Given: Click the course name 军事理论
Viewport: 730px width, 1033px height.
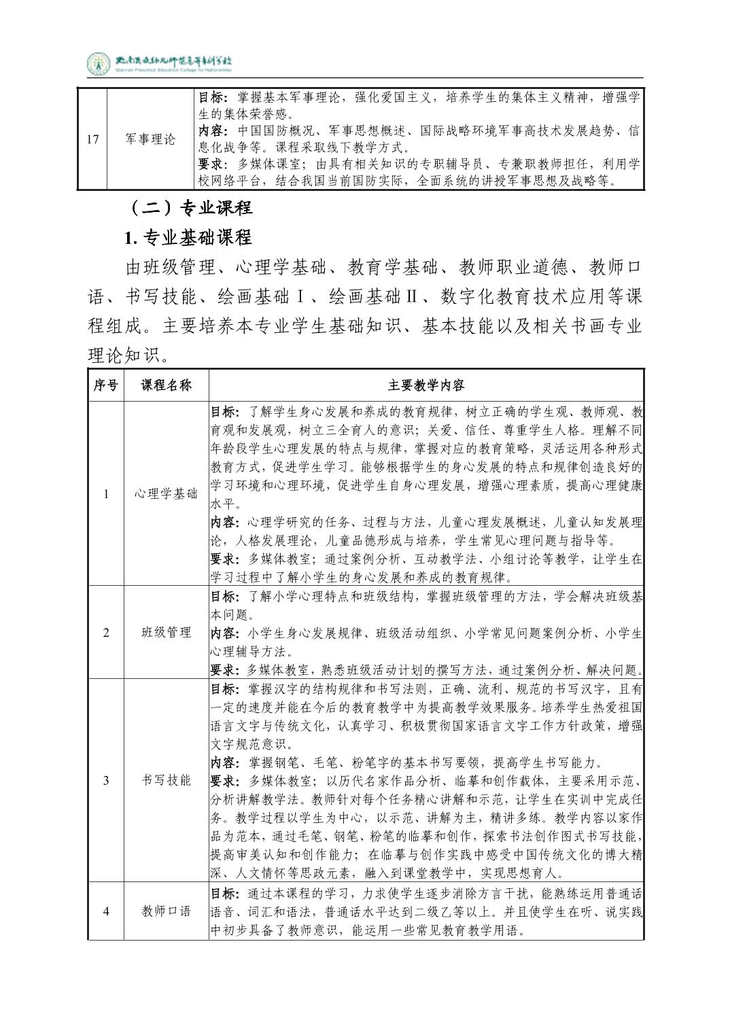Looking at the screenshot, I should click(150, 139).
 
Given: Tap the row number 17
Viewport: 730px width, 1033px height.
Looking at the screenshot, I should click(93, 139).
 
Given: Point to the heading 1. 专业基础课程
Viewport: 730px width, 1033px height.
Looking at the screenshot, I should click(188, 237).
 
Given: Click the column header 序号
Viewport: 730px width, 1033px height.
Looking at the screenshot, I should click(105, 385).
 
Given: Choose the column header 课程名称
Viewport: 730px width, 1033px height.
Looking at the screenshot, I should click(166, 385).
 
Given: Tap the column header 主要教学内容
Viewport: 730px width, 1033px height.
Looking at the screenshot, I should click(426, 385).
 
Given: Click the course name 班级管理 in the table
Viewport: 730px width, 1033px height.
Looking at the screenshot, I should click(166, 632).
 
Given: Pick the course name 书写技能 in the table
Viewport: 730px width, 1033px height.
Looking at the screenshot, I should click(166, 780).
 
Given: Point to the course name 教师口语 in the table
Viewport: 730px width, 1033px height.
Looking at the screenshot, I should click(166, 911).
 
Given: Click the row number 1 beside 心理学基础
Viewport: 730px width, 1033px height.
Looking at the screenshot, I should click(105, 493).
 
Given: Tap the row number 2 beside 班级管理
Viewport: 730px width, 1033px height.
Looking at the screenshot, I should click(105, 633).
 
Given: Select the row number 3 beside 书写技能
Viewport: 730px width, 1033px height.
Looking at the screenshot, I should click(105, 780).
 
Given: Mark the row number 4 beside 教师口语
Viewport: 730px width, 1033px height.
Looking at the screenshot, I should click(105, 912).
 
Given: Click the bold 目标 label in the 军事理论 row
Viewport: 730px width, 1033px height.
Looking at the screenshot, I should click(211, 98).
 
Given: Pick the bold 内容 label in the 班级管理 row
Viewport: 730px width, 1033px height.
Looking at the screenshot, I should click(224, 633).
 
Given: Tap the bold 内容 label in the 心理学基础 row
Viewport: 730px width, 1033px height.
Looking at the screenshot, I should click(224, 523).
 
